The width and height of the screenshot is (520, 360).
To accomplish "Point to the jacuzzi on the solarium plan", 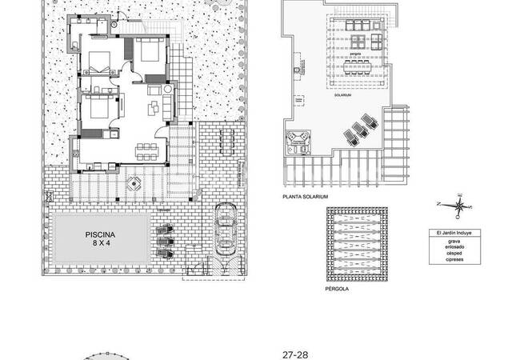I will pyautogui.click(x=301, y=141).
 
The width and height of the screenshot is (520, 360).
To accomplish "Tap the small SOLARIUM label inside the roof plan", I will pyautogui.click(x=344, y=94).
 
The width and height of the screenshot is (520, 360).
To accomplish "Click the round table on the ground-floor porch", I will pyautogui.click(x=134, y=183).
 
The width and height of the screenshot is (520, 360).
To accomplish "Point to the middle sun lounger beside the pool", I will pyautogui.click(x=165, y=241).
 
